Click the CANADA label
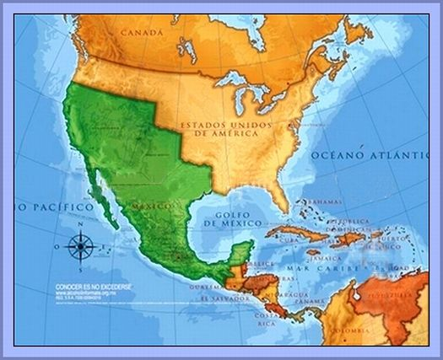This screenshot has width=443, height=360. point(140,33)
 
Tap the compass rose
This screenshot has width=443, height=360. point(80,247)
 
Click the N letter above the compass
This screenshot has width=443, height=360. point(80,224)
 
